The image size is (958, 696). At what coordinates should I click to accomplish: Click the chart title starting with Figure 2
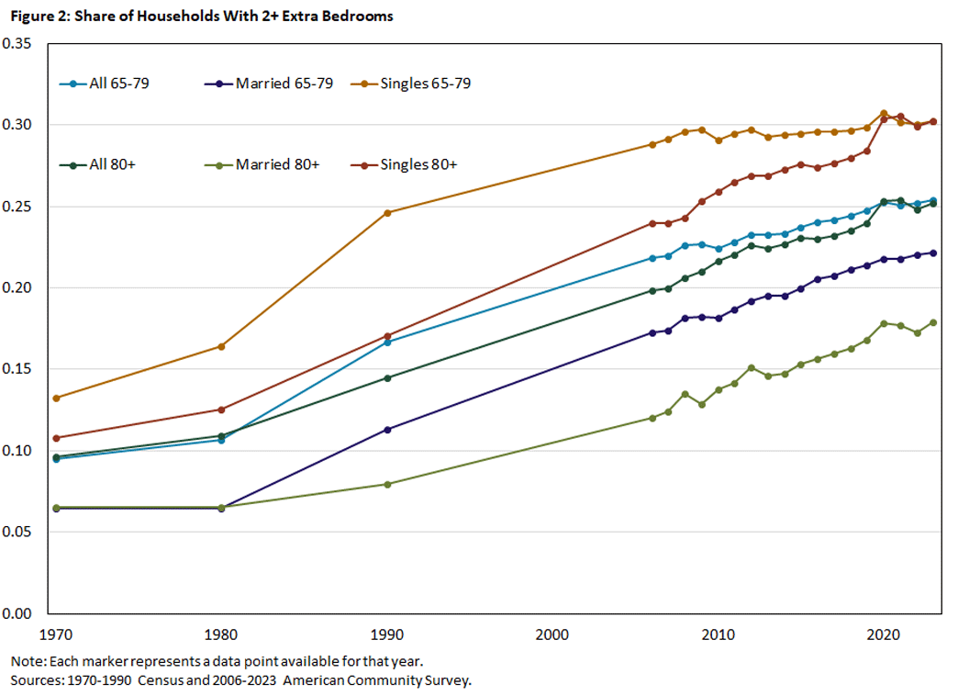click(202, 17)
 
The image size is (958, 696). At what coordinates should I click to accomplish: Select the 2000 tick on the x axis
click(552, 634)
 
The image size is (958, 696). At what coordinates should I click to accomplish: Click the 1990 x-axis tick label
click(386, 634)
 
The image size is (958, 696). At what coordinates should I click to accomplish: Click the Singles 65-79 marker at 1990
click(387, 213)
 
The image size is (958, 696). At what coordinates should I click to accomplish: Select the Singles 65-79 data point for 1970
click(56, 398)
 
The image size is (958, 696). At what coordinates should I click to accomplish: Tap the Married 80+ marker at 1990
click(387, 484)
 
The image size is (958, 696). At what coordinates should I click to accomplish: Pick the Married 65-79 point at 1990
click(387, 430)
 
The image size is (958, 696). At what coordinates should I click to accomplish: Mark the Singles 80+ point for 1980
click(221, 410)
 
